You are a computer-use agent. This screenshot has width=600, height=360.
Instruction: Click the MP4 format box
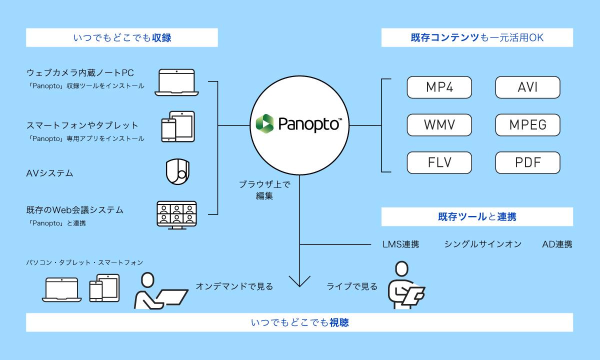click(x=439, y=87)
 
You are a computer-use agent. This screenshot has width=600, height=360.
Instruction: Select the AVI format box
click(x=527, y=87)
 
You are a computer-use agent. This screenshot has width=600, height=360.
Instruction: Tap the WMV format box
click(x=439, y=125)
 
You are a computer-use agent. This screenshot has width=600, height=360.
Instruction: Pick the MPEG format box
click(x=527, y=125)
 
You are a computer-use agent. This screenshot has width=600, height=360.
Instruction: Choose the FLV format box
click(x=439, y=162)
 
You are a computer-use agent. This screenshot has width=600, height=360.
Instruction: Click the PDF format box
click(x=527, y=162)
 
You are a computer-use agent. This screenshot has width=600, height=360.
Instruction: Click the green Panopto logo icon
click(x=264, y=123)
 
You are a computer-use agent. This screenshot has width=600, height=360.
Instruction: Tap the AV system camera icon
click(x=177, y=171)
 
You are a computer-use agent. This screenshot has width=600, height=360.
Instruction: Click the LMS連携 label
click(x=400, y=244)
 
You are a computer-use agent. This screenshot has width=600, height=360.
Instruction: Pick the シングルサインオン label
click(x=482, y=244)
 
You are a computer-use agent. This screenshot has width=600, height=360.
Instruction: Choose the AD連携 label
click(x=557, y=244)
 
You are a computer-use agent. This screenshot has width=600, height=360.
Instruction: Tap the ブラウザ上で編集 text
click(x=264, y=190)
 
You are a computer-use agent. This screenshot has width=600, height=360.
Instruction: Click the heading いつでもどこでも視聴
click(x=299, y=323)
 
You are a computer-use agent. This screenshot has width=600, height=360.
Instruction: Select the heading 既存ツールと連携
click(x=477, y=217)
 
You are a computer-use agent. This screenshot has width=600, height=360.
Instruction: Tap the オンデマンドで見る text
click(x=234, y=286)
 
